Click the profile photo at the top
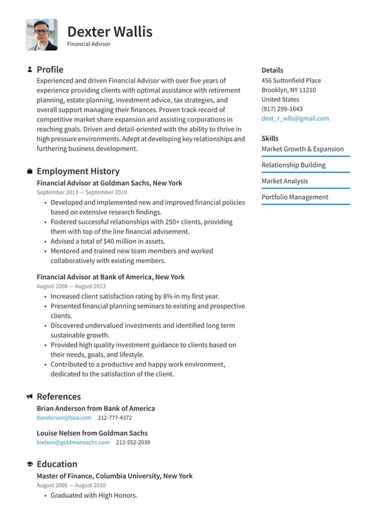(x=41, y=35)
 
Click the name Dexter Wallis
(x=110, y=31)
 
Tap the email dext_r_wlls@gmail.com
(x=295, y=119)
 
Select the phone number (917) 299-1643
(x=281, y=109)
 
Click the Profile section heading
(x=50, y=70)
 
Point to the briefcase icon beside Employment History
(x=30, y=172)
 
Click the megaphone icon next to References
(x=30, y=397)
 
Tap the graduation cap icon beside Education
(x=30, y=464)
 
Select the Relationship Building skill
(x=293, y=165)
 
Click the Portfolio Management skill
(x=294, y=197)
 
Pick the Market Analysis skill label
(x=285, y=181)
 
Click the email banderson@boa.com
(x=64, y=418)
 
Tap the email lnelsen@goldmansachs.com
(x=73, y=443)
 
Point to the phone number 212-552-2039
(x=133, y=443)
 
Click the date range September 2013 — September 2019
(x=81, y=192)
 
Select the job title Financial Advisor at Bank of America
(x=110, y=277)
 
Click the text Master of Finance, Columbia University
(x=114, y=476)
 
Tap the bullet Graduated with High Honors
(x=94, y=495)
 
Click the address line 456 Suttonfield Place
(x=291, y=81)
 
